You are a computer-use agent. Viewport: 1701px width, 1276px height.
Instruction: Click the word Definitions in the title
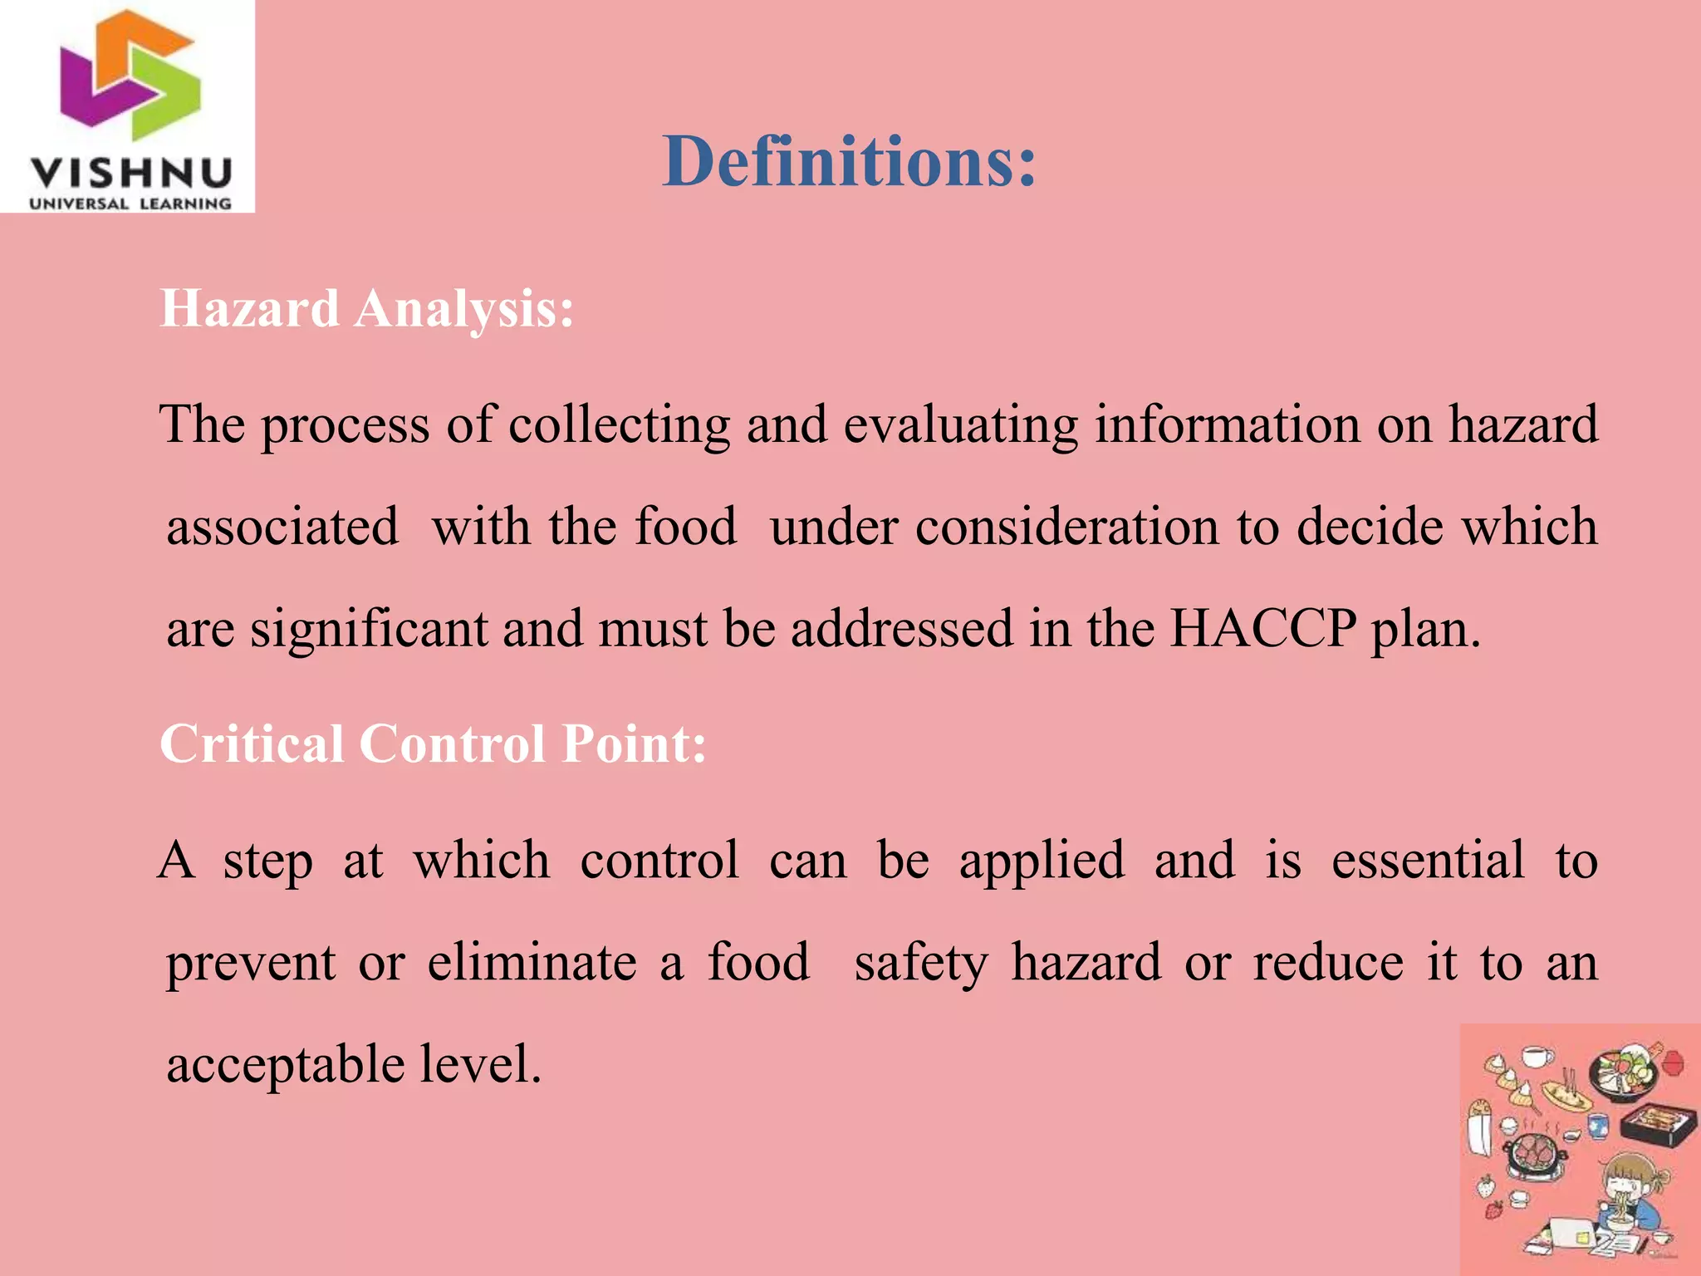pos(849,161)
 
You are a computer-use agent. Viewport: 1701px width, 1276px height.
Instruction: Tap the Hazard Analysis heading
pos(366,308)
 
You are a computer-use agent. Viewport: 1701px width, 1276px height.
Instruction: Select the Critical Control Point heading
pos(433,743)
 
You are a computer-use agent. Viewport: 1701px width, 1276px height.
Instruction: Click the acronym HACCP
pos(1262,628)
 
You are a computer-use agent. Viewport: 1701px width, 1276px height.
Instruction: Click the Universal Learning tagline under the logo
pos(130,204)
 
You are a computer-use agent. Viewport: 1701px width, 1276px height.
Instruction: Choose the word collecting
pos(619,425)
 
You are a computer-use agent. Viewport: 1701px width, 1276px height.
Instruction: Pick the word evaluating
pos(960,425)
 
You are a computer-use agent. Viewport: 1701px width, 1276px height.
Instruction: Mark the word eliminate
pos(532,962)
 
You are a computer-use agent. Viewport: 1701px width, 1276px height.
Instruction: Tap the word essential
pos(1428,860)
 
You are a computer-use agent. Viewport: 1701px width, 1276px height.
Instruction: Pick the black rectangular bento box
pos(1658,1125)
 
